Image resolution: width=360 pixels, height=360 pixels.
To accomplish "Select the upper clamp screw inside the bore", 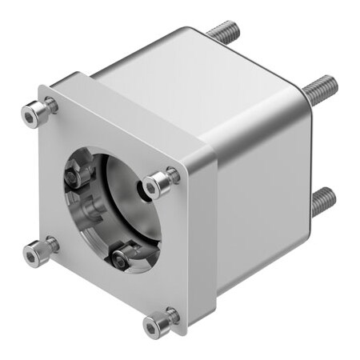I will pyautogui.click(x=78, y=172).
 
